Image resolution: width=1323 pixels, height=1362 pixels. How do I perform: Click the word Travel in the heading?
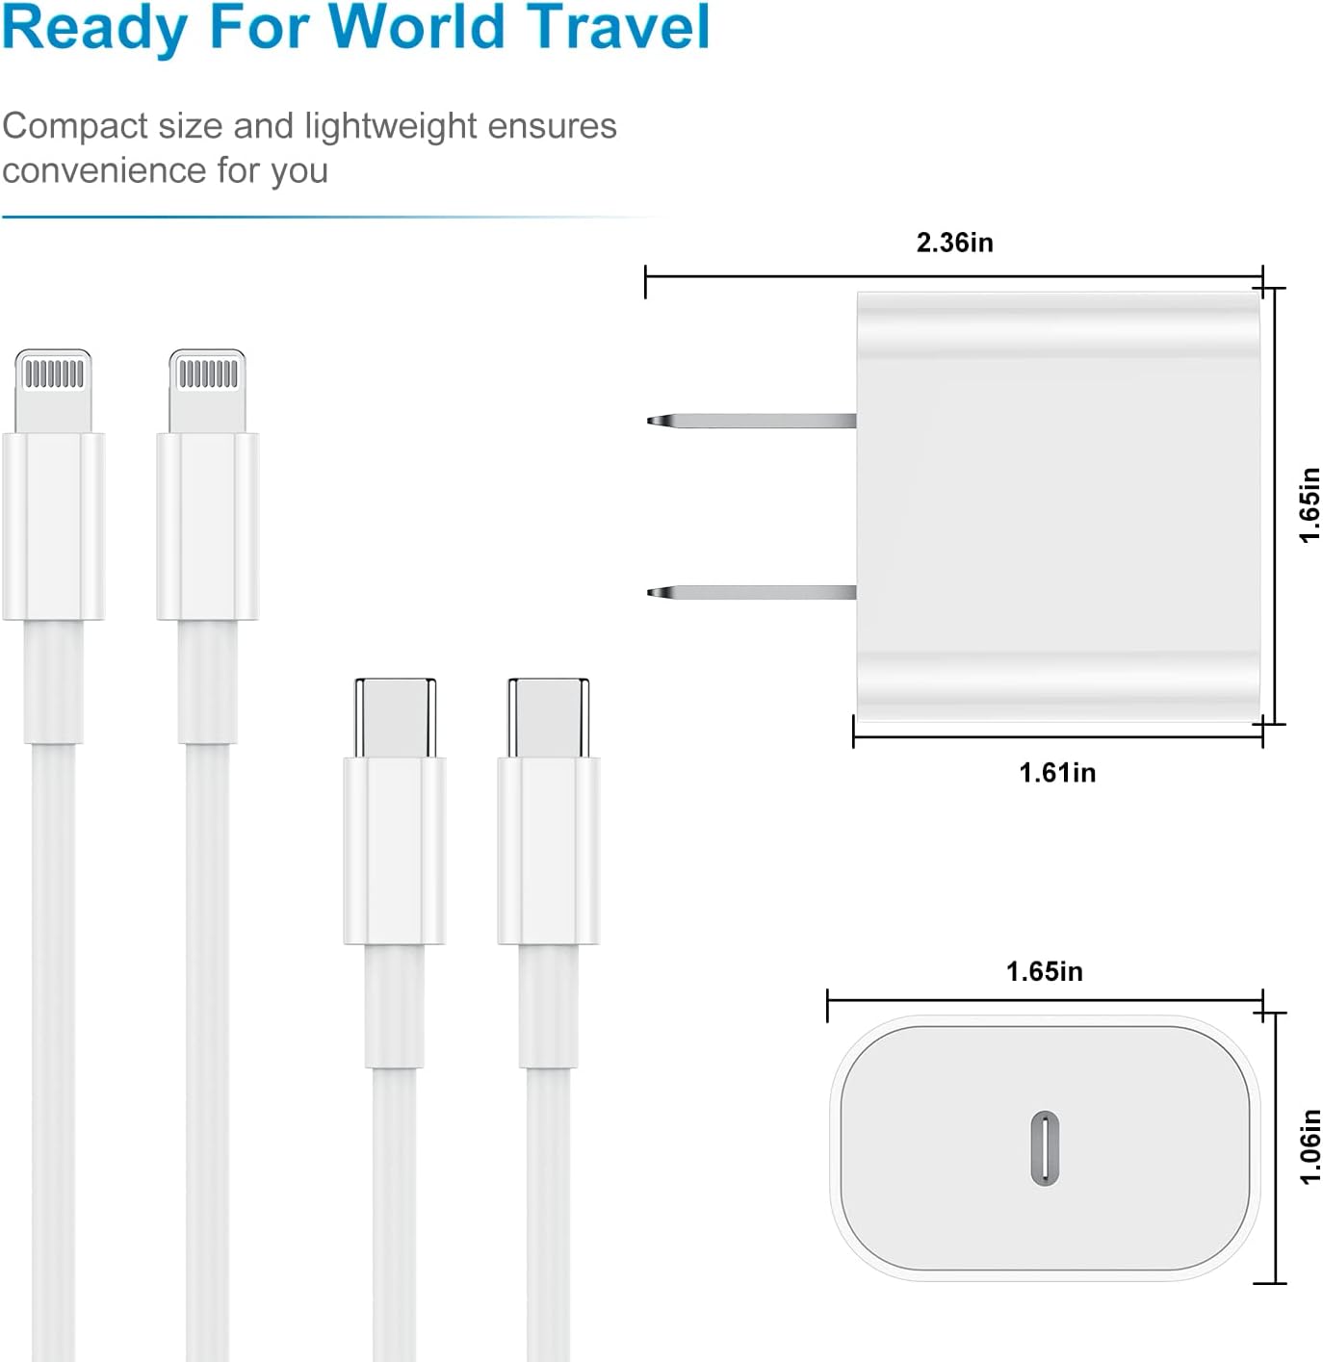point(619,27)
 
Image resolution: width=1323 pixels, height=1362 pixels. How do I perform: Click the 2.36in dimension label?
point(955,243)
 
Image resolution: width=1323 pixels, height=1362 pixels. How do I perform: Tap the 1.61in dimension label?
point(1057,773)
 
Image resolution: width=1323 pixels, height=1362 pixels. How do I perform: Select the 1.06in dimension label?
point(1310,1146)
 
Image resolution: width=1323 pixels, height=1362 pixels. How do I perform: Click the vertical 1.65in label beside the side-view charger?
point(1310,504)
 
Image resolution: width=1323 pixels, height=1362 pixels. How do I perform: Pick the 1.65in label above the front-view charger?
point(1045,971)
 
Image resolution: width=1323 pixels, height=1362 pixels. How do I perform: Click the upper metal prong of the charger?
point(752,421)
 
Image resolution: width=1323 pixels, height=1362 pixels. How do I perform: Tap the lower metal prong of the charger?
point(752,592)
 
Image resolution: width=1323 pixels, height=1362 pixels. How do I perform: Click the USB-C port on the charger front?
point(1045,1147)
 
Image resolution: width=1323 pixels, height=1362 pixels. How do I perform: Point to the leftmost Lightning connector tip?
point(53,391)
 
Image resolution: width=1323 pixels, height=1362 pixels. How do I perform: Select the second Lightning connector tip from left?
point(207,391)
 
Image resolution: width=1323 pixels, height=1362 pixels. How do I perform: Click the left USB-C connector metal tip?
point(396,717)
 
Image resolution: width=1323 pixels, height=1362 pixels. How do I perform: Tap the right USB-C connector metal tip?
point(549,717)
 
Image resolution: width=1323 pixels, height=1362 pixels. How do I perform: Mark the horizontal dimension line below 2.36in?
point(954,276)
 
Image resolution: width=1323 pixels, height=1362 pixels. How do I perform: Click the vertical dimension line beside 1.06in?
point(1276,1147)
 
